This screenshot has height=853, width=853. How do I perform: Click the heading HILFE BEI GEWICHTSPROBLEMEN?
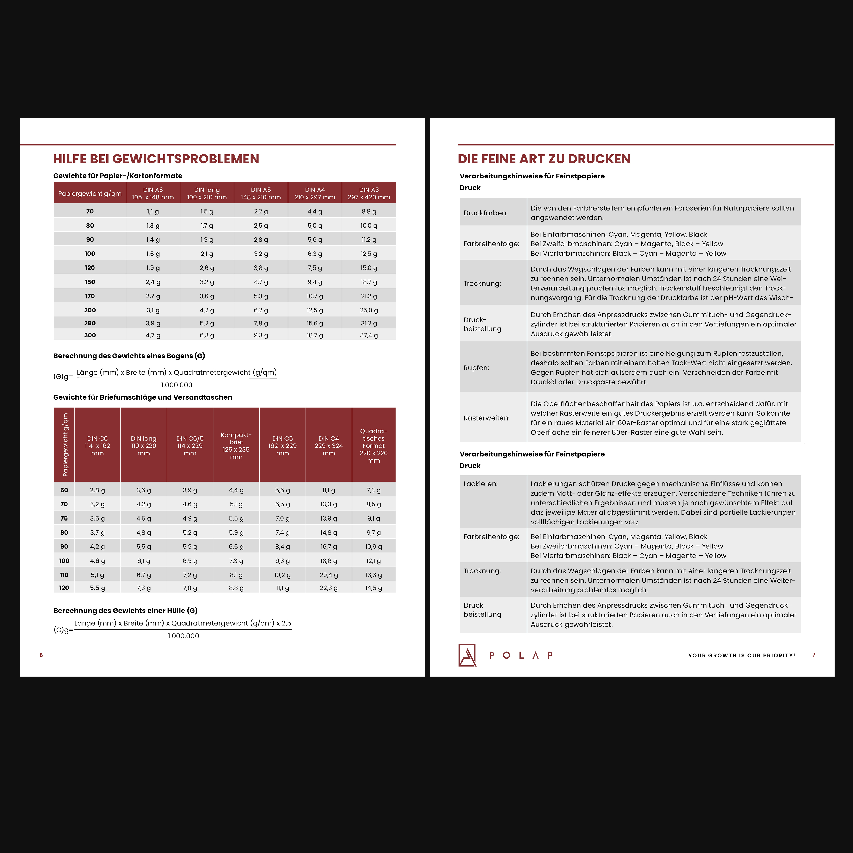click(156, 159)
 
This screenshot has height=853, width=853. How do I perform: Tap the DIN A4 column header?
click(315, 193)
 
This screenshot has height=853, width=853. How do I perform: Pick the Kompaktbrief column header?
click(236, 445)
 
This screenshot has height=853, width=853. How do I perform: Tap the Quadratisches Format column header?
click(374, 445)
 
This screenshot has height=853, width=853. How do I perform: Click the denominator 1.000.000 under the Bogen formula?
click(177, 385)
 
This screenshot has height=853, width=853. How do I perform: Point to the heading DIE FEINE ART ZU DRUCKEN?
click(544, 159)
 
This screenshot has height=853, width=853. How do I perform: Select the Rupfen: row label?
click(476, 368)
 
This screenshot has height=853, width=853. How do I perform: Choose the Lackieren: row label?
click(480, 484)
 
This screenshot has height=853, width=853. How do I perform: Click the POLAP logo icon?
click(467, 655)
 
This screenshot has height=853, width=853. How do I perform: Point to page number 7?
click(814, 655)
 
